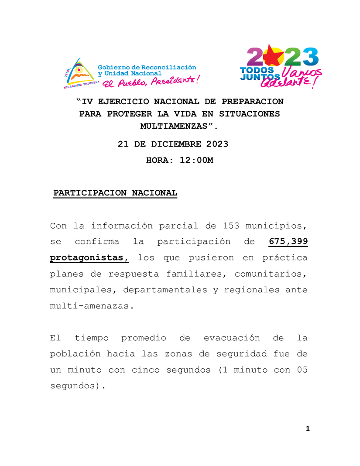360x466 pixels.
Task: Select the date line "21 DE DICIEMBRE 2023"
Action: (173, 144)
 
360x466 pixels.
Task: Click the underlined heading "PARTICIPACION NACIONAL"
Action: (115, 193)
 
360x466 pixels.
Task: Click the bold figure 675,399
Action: (288, 242)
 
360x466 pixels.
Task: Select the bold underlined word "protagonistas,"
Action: (89, 258)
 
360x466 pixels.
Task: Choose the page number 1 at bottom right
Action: (308, 429)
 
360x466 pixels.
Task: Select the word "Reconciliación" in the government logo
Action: (171, 67)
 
